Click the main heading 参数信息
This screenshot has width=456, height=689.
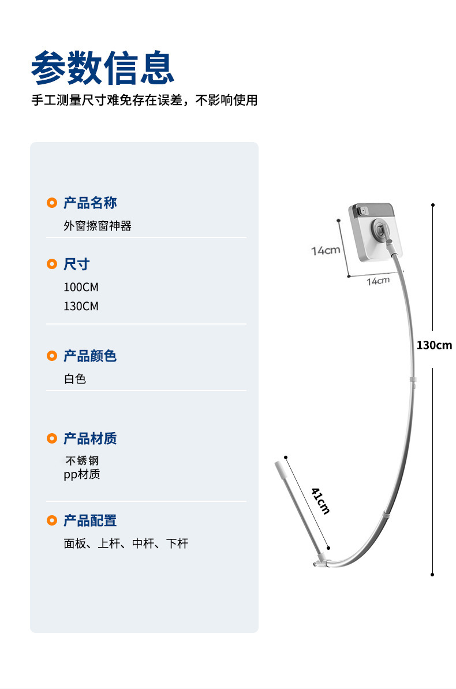pos(103,68)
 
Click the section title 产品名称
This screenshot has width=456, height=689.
pos(90,203)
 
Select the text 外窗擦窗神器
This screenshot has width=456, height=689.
pos(98,226)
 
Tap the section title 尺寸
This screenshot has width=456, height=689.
pos(77,265)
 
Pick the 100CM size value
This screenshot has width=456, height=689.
pos(81,287)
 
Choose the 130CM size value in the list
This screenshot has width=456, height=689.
pos(81,306)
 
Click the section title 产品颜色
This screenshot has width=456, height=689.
pos(90,356)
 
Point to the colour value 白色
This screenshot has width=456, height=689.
pos(75,379)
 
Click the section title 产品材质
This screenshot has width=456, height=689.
pos(90,438)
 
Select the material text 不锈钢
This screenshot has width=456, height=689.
pos(82,461)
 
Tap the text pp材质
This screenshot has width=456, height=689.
pos(82,475)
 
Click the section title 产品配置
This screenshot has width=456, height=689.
pos(90,520)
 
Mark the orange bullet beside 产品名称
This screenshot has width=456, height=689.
pos(52,203)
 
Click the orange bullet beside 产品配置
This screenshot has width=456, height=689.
pos(52,520)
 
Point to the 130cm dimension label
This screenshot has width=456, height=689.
pos(434,345)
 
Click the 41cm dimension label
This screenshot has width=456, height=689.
pos(320,500)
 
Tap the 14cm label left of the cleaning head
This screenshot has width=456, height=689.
pos(326,251)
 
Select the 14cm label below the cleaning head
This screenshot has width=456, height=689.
pos(378,281)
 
